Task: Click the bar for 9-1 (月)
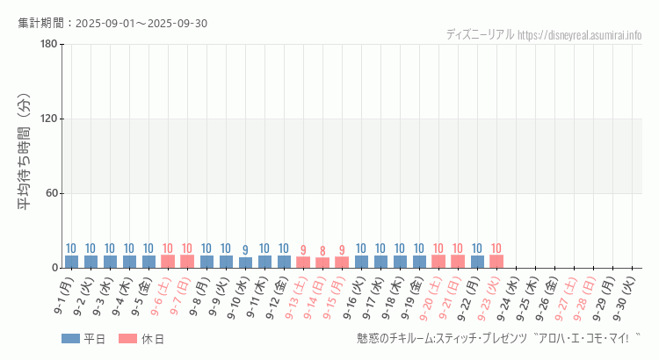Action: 71,262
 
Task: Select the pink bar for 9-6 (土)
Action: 168,262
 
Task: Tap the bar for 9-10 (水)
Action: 245,263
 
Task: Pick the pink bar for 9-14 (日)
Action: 322,263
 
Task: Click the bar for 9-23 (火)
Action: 496,262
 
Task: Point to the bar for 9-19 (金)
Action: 419,262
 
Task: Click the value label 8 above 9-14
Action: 322,251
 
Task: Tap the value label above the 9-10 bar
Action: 245,250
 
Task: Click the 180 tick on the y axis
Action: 47,45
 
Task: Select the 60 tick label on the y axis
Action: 50,193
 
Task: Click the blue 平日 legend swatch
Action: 70,339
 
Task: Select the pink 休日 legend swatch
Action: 129,339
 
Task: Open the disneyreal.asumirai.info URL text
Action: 579,35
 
